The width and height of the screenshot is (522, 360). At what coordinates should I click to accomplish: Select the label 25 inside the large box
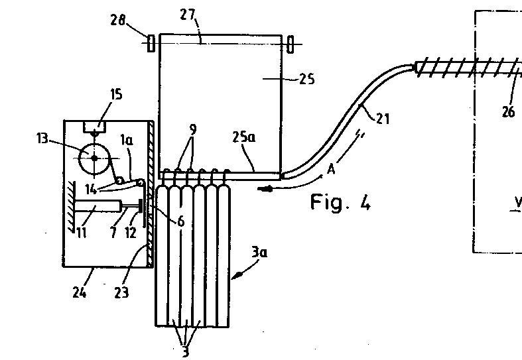[x=306, y=80]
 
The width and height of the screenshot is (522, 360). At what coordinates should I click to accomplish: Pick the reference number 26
[x=508, y=111]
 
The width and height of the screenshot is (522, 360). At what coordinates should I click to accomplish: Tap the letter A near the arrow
[x=331, y=169]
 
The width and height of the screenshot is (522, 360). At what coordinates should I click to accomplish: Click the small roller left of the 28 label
[x=150, y=43]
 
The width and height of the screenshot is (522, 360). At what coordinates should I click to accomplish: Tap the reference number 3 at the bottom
[x=185, y=352]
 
